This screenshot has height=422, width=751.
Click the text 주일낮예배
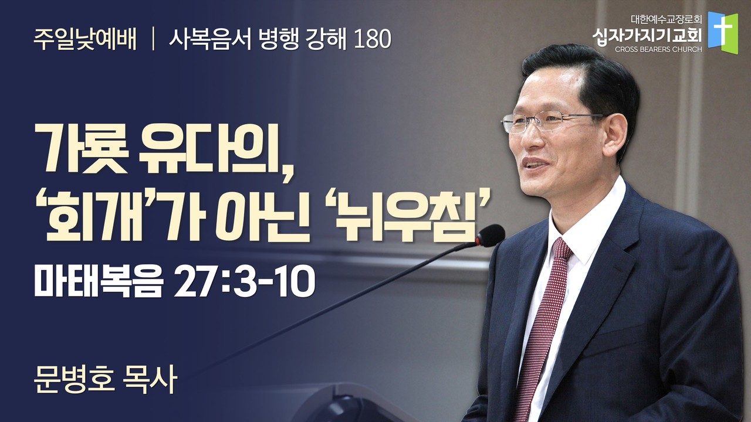(x=85, y=39)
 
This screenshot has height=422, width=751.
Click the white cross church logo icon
(x=723, y=33)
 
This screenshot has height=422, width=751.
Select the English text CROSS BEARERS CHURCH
(x=658, y=50)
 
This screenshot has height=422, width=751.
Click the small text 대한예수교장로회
(x=661, y=19)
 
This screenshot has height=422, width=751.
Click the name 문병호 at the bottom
(x=74, y=381)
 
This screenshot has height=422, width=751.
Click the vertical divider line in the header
(x=153, y=39)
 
